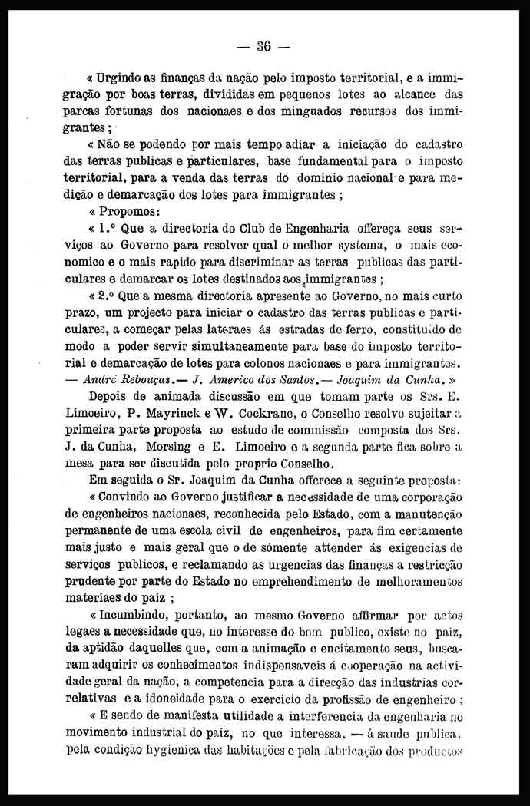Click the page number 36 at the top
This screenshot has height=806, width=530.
[x=264, y=46]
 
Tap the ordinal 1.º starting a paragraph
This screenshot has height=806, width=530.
[x=107, y=229]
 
